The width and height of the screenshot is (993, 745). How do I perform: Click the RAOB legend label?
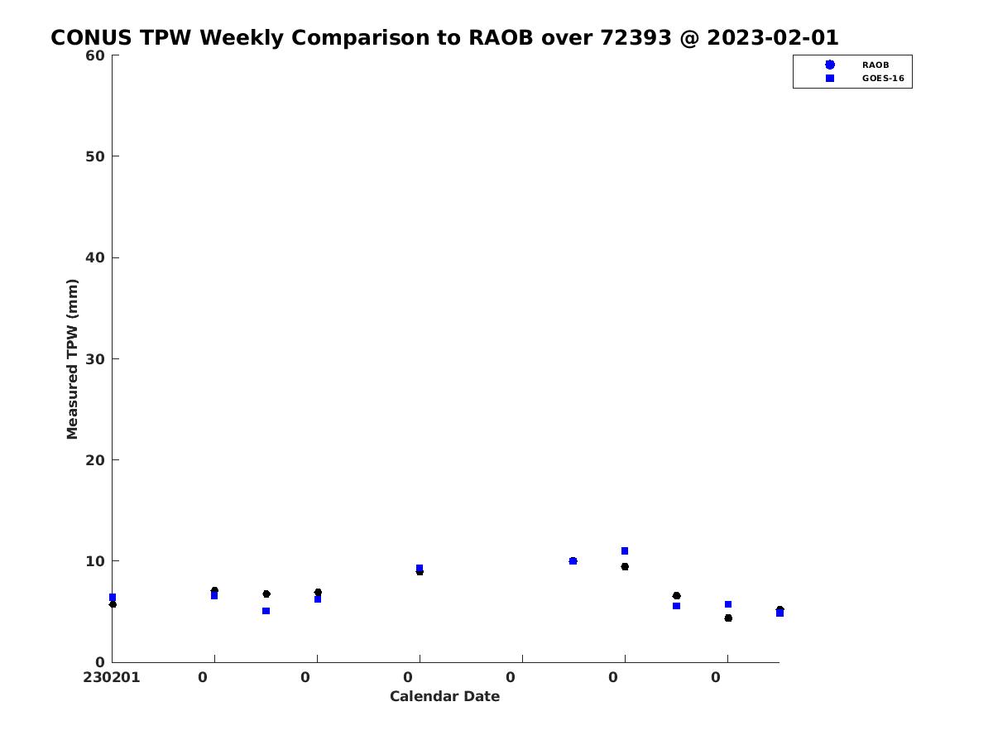pyautogui.click(x=875, y=65)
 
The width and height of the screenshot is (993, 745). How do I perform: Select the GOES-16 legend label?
pyautogui.click(x=883, y=79)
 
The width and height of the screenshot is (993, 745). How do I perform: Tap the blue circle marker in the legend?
pyautogui.click(x=830, y=65)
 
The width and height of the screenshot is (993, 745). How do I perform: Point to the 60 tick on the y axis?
pyautogui.click(x=95, y=55)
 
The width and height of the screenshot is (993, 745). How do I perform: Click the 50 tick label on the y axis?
pyautogui.click(x=95, y=156)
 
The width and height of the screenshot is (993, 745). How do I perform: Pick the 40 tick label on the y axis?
pyautogui.click(x=95, y=257)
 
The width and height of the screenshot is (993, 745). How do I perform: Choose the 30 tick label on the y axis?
pyautogui.click(x=95, y=359)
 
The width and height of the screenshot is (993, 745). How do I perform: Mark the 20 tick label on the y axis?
pyautogui.click(x=95, y=460)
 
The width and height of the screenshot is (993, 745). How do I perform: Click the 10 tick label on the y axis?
pyautogui.click(x=95, y=561)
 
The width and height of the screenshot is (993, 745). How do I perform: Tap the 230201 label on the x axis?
pyautogui.click(x=111, y=678)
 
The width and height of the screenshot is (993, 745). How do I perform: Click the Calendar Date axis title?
pyautogui.click(x=444, y=696)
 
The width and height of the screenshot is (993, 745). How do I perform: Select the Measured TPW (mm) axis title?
pyautogui.click(x=72, y=359)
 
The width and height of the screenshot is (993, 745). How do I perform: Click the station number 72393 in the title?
pyautogui.click(x=636, y=37)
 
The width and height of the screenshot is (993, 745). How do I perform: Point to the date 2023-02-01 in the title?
pyautogui.click(x=773, y=37)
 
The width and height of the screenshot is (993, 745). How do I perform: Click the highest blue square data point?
pyautogui.click(x=624, y=551)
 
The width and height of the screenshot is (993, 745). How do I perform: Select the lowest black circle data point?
pyautogui.click(x=728, y=618)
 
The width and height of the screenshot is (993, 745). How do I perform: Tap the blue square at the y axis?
pyautogui.click(x=113, y=598)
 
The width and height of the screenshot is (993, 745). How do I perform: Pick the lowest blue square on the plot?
pyautogui.click(x=780, y=613)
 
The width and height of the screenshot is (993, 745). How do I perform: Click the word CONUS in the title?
pyautogui.click(x=91, y=37)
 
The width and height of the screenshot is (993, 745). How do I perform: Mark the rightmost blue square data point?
pyautogui.click(x=780, y=613)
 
